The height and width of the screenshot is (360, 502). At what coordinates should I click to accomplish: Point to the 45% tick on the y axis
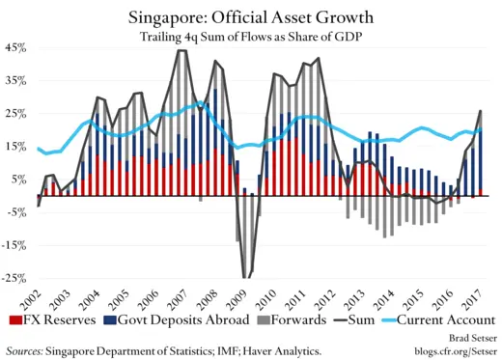[16, 47]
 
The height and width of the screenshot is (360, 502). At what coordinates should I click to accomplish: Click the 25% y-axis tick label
[16, 114]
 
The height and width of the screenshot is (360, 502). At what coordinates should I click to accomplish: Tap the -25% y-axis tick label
[14, 279]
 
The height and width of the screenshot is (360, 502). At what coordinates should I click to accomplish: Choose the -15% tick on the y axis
[14, 246]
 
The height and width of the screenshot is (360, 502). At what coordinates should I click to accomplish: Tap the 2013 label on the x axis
[357, 291]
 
